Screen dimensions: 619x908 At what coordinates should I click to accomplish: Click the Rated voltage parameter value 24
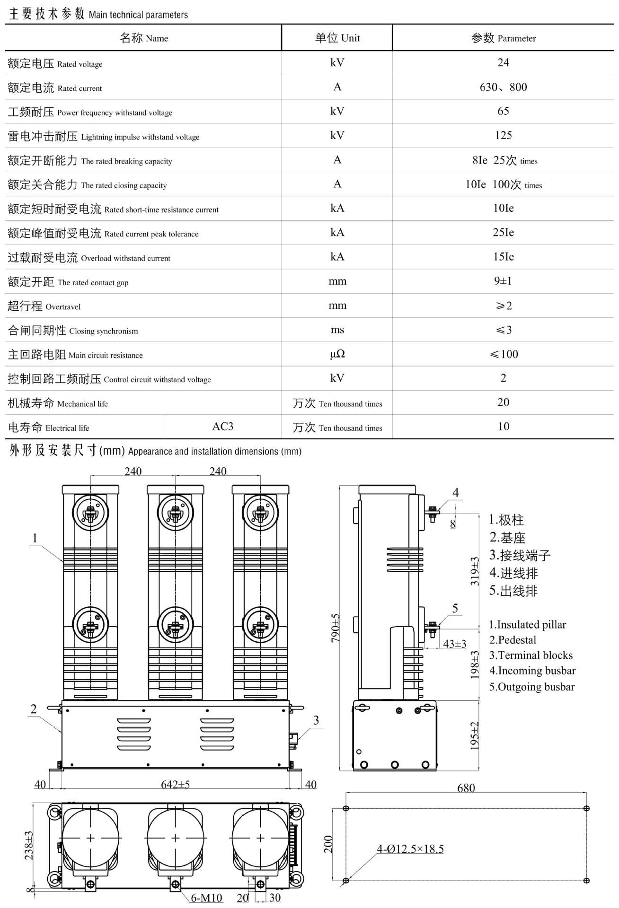click(503, 62)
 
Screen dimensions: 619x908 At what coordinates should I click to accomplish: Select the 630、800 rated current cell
click(503, 87)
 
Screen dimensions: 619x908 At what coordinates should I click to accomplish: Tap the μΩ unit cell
click(337, 354)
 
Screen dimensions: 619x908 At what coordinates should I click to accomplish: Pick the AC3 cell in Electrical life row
click(222, 427)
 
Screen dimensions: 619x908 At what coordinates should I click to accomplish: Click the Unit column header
click(337, 38)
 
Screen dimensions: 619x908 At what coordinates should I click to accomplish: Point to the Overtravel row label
click(44, 306)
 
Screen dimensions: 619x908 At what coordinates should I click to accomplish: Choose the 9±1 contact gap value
click(503, 281)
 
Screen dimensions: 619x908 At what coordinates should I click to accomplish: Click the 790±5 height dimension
click(335, 628)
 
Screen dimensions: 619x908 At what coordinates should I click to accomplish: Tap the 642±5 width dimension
click(175, 785)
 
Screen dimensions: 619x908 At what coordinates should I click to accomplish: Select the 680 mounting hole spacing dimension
click(466, 788)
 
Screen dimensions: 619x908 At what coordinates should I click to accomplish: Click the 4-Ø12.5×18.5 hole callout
click(410, 849)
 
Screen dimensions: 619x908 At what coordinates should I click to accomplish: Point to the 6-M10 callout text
click(206, 898)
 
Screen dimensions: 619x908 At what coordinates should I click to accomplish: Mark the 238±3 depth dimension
click(29, 845)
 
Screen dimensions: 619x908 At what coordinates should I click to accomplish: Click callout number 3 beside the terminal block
click(316, 720)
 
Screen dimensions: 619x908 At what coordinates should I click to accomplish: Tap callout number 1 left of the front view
click(35, 538)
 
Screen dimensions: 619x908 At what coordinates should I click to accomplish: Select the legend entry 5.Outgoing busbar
click(531, 687)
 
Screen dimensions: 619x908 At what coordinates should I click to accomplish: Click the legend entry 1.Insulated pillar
click(527, 624)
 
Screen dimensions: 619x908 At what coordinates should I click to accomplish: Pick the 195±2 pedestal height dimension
click(474, 735)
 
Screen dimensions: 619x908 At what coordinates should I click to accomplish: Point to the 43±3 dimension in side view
click(454, 644)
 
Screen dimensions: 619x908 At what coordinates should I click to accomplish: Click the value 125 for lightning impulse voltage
click(503, 135)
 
